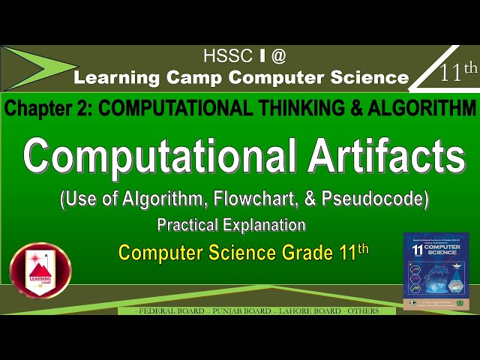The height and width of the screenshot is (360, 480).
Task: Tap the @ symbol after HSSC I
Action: pyautogui.click(x=278, y=55)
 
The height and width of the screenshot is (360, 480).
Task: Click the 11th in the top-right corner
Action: pyautogui.click(x=457, y=73)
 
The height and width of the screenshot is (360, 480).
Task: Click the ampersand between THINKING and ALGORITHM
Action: pyautogui.click(x=349, y=108)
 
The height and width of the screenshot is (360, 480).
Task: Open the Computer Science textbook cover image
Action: pyautogui.click(x=436, y=271)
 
